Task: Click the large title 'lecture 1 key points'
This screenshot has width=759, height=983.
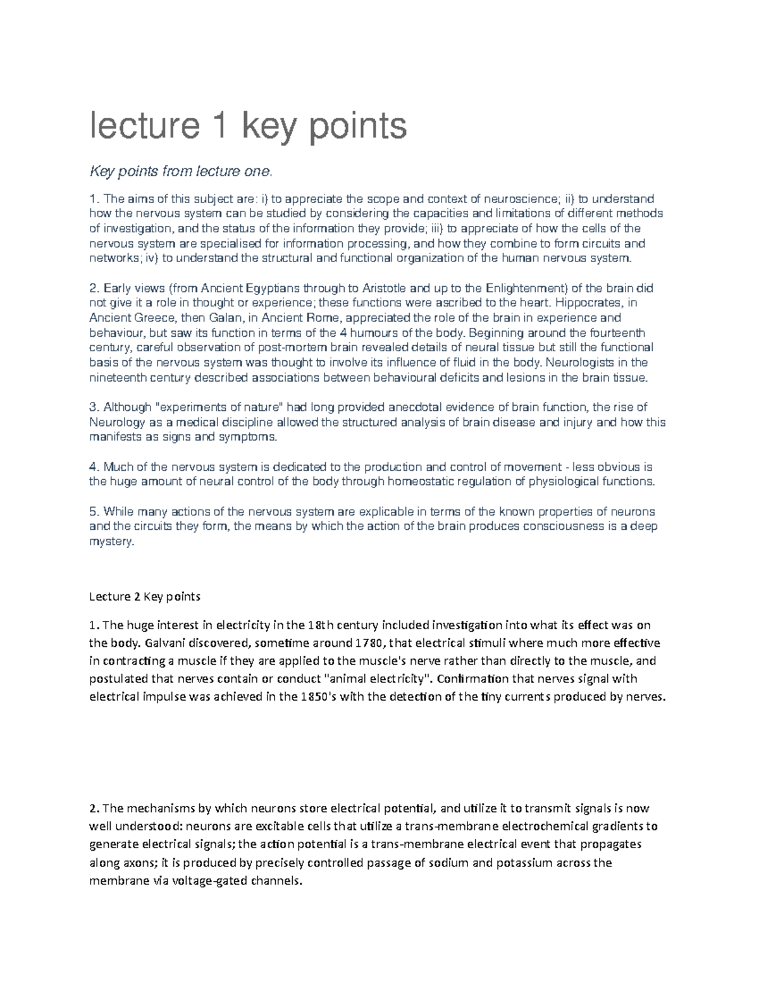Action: (x=248, y=127)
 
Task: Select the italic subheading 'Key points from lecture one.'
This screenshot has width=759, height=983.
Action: (x=182, y=171)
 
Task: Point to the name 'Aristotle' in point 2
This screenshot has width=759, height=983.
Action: (x=396, y=288)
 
